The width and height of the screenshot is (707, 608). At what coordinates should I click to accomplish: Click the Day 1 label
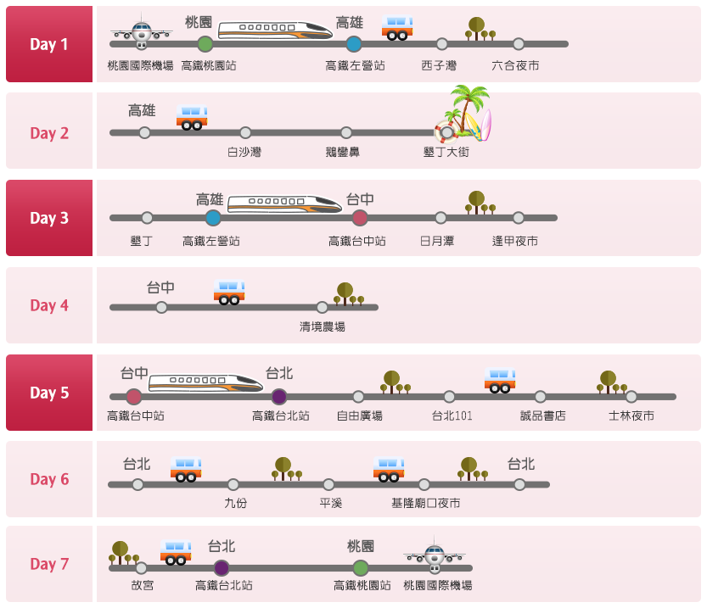pyautogui.click(x=49, y=44)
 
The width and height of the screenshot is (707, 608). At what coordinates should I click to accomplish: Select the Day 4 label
pyautogui.click(x=49, y=305)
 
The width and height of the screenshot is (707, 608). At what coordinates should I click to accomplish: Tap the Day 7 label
pyautogui.click(x=49, y=564)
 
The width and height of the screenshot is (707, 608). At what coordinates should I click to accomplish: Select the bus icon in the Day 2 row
pyautogui.click(x=192, y=117)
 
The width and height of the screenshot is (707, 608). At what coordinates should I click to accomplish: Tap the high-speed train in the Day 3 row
pyautogui.click(x=284, y=204)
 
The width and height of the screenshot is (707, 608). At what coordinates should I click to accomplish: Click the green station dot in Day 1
pyautogui.click(x=205, y=44)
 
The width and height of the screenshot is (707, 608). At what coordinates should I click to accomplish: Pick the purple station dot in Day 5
pyautogui.click(x=279, y=397)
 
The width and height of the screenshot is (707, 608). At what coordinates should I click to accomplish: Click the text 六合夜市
pyautogui.click(x=515, y=66)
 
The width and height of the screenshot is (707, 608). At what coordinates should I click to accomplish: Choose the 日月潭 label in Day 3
pyautogui.click(x=437, y=241)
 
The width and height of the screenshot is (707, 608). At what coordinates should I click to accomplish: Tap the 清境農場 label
pyautogui.click(x=323, y=327)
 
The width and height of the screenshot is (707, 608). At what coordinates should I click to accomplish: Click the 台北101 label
pyautogui.click(x=452, y=416)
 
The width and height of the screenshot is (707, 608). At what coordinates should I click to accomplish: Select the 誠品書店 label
pyautogui.click(x=543, y=416)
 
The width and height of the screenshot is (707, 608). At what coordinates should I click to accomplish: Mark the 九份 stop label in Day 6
pyautogui.click(x=235, y=504)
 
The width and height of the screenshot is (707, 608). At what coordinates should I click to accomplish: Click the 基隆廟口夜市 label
pyautogui.click(x=426, y=504)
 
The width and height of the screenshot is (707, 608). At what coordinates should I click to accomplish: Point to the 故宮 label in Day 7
pyautogui.click(x=142, y=585)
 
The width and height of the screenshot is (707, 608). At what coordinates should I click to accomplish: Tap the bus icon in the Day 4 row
pyautogui.click(x=229, y=293)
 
